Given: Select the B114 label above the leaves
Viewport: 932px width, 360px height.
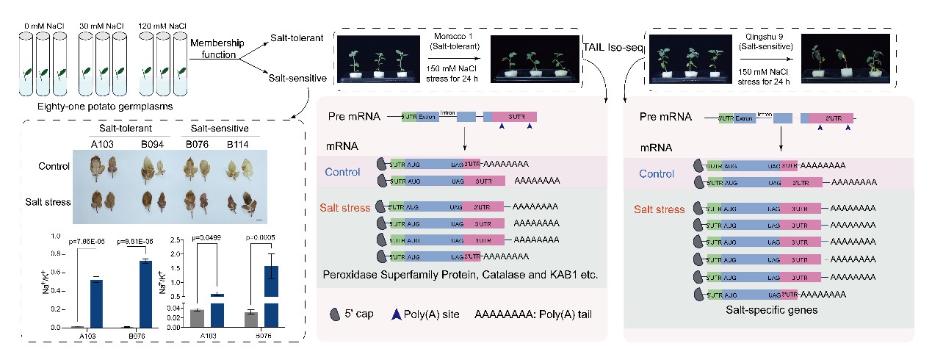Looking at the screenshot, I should pyautogui.click(x=234, y=140).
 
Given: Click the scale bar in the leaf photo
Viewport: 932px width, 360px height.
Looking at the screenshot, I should pyautogui.click(x=259, y=218).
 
